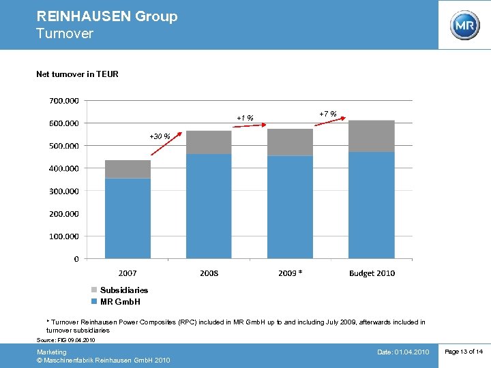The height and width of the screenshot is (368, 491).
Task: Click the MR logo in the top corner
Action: click(464, 25)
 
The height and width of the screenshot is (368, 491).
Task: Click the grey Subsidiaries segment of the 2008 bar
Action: click(209, 142)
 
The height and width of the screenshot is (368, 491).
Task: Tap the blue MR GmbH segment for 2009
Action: click(290, 207)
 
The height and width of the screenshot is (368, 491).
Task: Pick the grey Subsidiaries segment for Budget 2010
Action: click(371, 136)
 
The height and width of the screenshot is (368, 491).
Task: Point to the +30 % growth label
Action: click(160, 136)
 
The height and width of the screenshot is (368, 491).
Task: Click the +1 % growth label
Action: click(245, 119)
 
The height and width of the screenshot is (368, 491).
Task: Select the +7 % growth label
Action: click(328, 113)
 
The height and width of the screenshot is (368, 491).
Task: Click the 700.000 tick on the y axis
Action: click(64, 101)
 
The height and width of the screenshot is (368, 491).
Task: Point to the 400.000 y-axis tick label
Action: click(64, 168)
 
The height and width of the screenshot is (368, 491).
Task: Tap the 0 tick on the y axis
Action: click(76, 259)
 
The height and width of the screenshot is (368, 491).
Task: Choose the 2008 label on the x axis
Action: click(209, 273)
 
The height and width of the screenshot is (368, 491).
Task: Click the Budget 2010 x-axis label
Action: click(372, 273)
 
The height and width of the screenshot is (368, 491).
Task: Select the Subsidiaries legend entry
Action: click(123, 290)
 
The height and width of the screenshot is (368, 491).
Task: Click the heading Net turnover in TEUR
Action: click(77, 74)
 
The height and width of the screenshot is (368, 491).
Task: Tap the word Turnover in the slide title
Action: click(65, 33)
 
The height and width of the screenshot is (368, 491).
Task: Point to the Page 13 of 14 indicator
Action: click(463, 352)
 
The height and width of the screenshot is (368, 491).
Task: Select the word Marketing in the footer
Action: click(52, 352)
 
